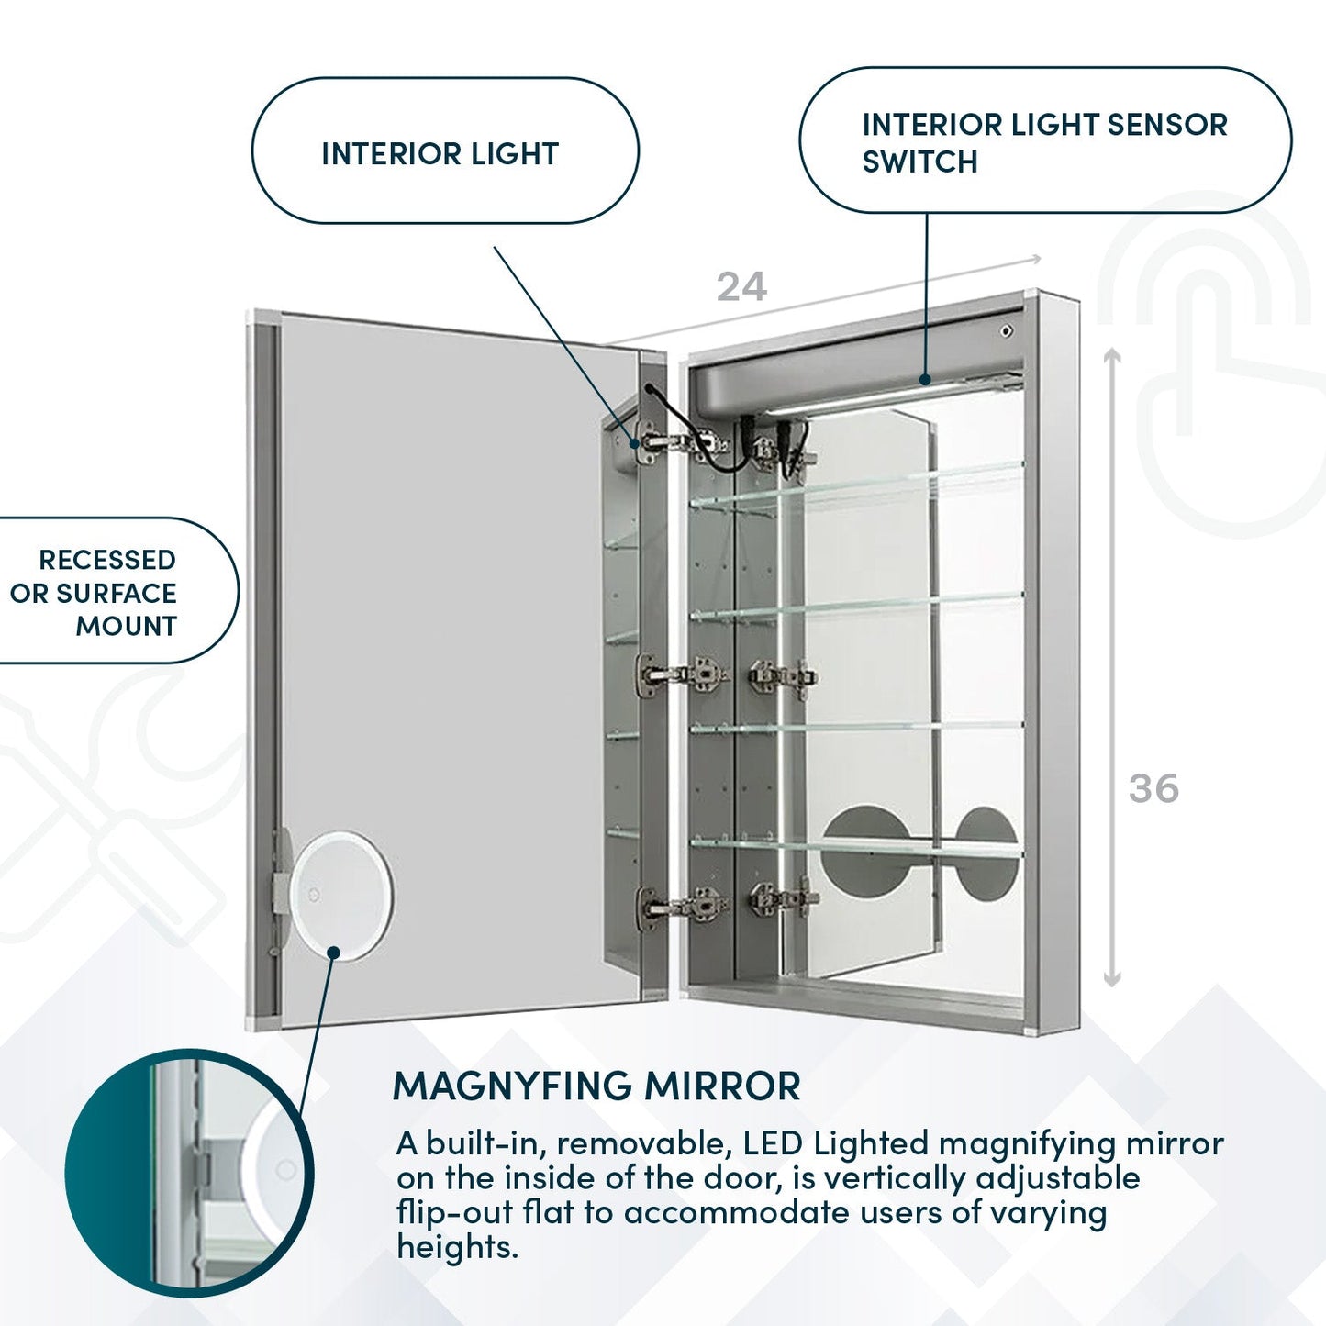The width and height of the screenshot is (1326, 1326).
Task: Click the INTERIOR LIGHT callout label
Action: [440, 153]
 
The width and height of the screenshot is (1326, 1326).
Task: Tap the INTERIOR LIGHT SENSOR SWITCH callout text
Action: [1043, 142]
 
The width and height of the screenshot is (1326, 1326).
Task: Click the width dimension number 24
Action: [741, 287]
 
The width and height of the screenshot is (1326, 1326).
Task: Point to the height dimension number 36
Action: [1153, 788]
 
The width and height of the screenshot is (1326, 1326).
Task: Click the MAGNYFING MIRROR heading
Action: [596, 1086]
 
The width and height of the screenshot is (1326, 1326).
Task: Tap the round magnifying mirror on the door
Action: [340, 895]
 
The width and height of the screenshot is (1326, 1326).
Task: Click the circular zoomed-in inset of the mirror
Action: [188, 1172]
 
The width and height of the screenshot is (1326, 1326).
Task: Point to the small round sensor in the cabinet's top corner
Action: [1008, 330]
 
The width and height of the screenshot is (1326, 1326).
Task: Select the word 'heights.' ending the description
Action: [457, 1246]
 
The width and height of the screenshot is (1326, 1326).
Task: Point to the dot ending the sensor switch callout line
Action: [926, 378]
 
